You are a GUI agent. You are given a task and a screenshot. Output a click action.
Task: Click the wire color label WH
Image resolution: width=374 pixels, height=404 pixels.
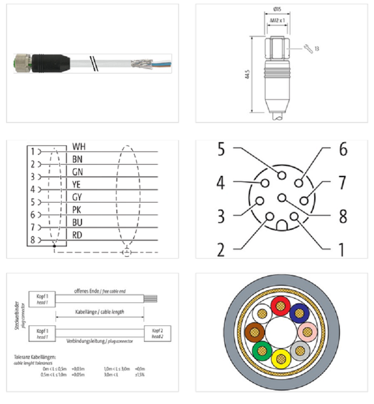[79, 147]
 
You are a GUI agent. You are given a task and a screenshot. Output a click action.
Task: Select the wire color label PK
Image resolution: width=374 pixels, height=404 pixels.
[78, 210]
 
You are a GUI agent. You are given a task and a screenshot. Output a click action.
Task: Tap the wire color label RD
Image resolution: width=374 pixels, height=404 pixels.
[78, 235]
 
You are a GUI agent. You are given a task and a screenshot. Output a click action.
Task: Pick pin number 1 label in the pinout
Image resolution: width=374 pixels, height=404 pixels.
[341, 250]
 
